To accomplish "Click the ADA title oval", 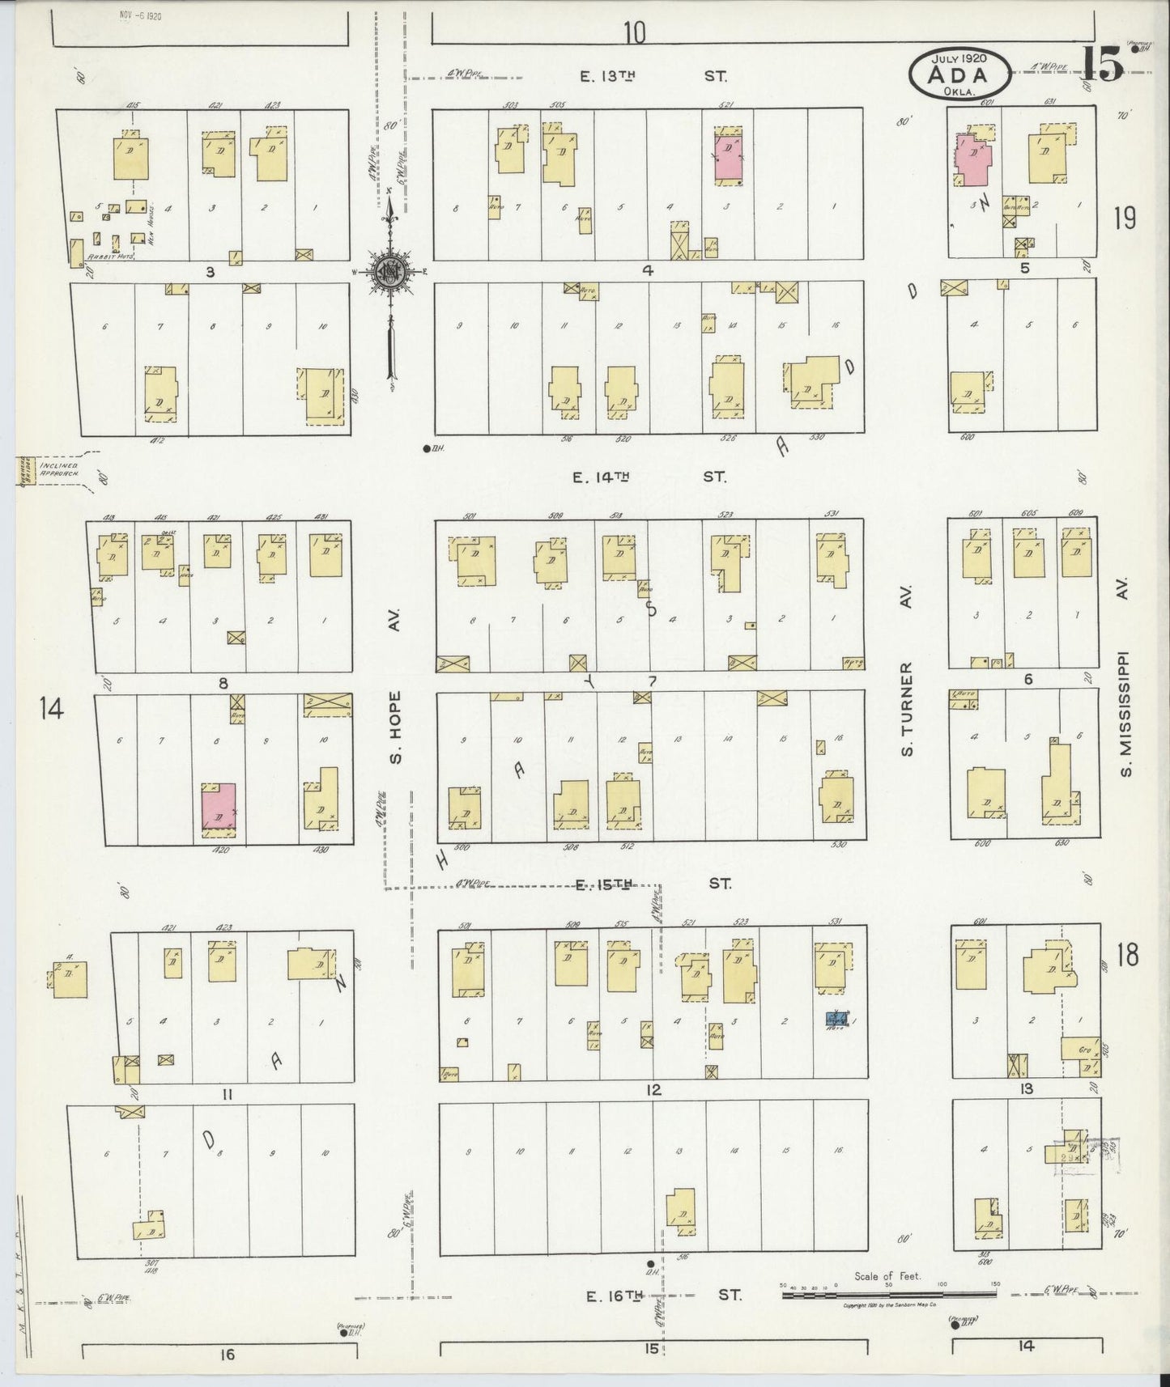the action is pos(959,74).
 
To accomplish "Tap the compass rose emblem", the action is pos(389,273).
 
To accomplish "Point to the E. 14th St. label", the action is pos(649,477).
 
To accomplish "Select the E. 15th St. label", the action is pos(651,884).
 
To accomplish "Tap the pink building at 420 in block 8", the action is pos(219,809).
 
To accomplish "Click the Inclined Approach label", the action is pos(60,469).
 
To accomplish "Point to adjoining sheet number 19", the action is pos(1125,218).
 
